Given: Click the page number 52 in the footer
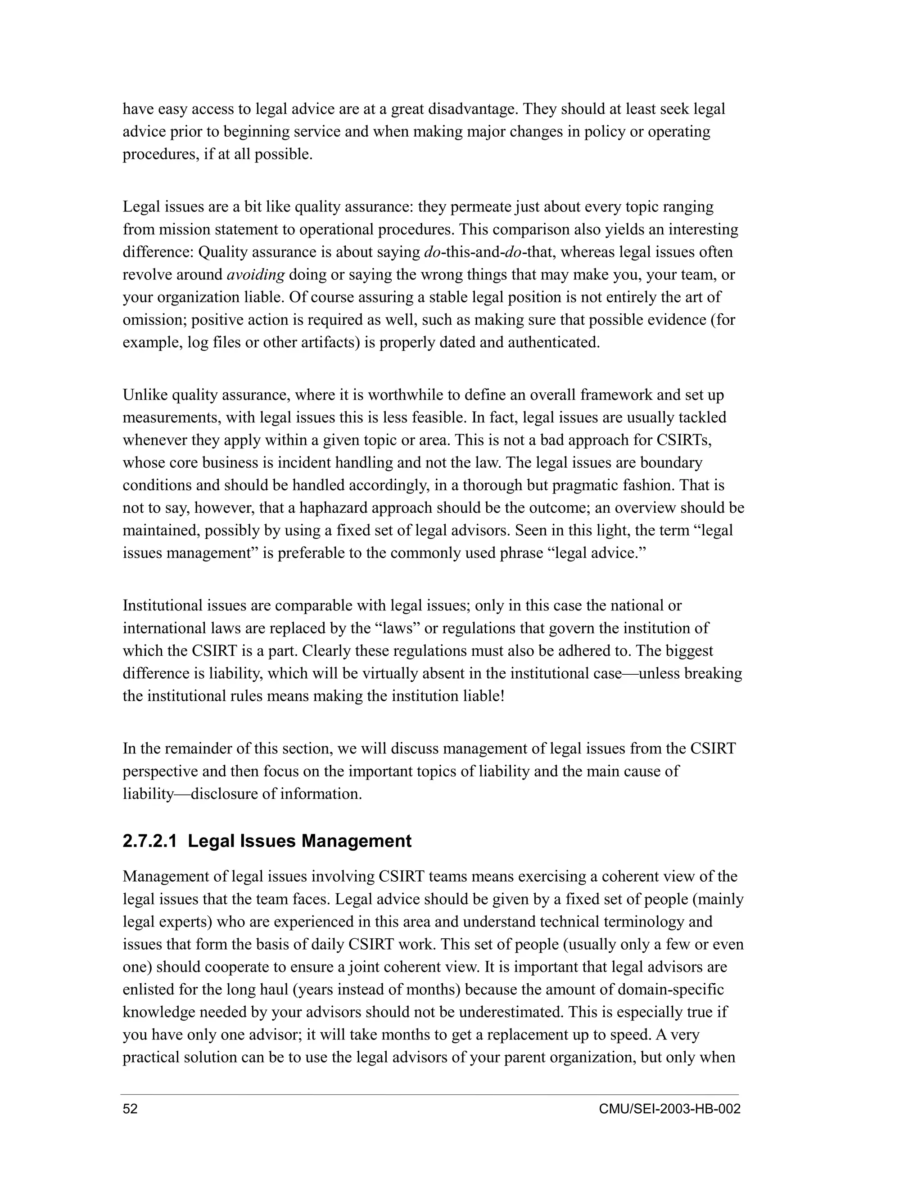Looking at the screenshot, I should coord(130,1109).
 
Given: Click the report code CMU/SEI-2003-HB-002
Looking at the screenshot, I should coord(669,1109).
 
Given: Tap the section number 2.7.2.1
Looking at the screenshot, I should coord(149,841).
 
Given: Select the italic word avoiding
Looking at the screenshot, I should coord(256,274).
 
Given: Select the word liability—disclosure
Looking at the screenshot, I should coord(191,793).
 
